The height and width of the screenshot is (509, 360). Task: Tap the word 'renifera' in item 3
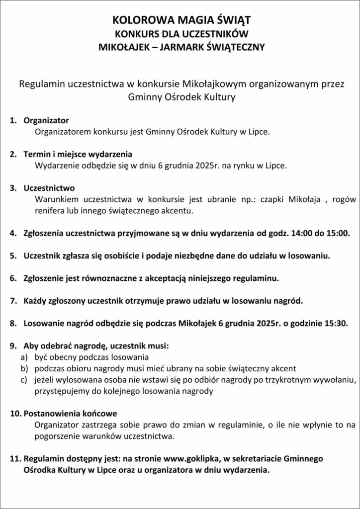click(50, 211)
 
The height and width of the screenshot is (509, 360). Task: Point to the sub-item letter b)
click(23, 368)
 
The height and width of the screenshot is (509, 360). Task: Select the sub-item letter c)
click(23, 380)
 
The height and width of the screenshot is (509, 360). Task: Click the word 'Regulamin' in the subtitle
click(41, 83)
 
